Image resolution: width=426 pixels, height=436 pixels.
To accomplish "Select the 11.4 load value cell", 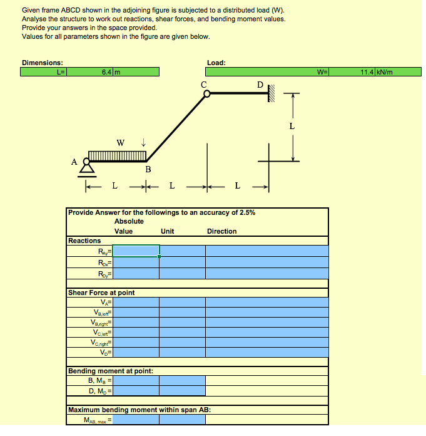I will [x=367, y=72].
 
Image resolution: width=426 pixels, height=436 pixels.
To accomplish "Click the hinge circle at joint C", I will [x=205, y=94].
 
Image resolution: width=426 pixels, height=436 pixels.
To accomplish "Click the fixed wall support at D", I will [x=271, y=94].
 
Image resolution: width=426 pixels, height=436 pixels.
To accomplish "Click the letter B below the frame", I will [x=148, y=169].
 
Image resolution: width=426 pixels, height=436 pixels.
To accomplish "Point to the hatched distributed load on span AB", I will [x=117, y=155].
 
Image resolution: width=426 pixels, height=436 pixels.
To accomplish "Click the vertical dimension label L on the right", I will [x=292, y=126].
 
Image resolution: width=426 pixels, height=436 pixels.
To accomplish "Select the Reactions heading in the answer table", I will [x=84, y=241].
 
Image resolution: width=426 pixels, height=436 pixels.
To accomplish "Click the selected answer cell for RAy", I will [x=136, y=251].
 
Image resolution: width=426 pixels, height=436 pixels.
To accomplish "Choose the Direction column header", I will [x=221, y=231].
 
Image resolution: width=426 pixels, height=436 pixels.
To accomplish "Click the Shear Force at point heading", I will [x=101, y=293].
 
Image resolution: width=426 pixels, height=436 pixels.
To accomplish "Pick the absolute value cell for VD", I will [x=136, y=353].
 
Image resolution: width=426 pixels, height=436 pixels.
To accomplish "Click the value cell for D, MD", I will [x=136, y=392].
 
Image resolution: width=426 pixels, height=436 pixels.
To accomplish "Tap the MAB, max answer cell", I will [x=136, y=420].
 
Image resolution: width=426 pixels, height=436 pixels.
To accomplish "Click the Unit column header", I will [x=167, y=231].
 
